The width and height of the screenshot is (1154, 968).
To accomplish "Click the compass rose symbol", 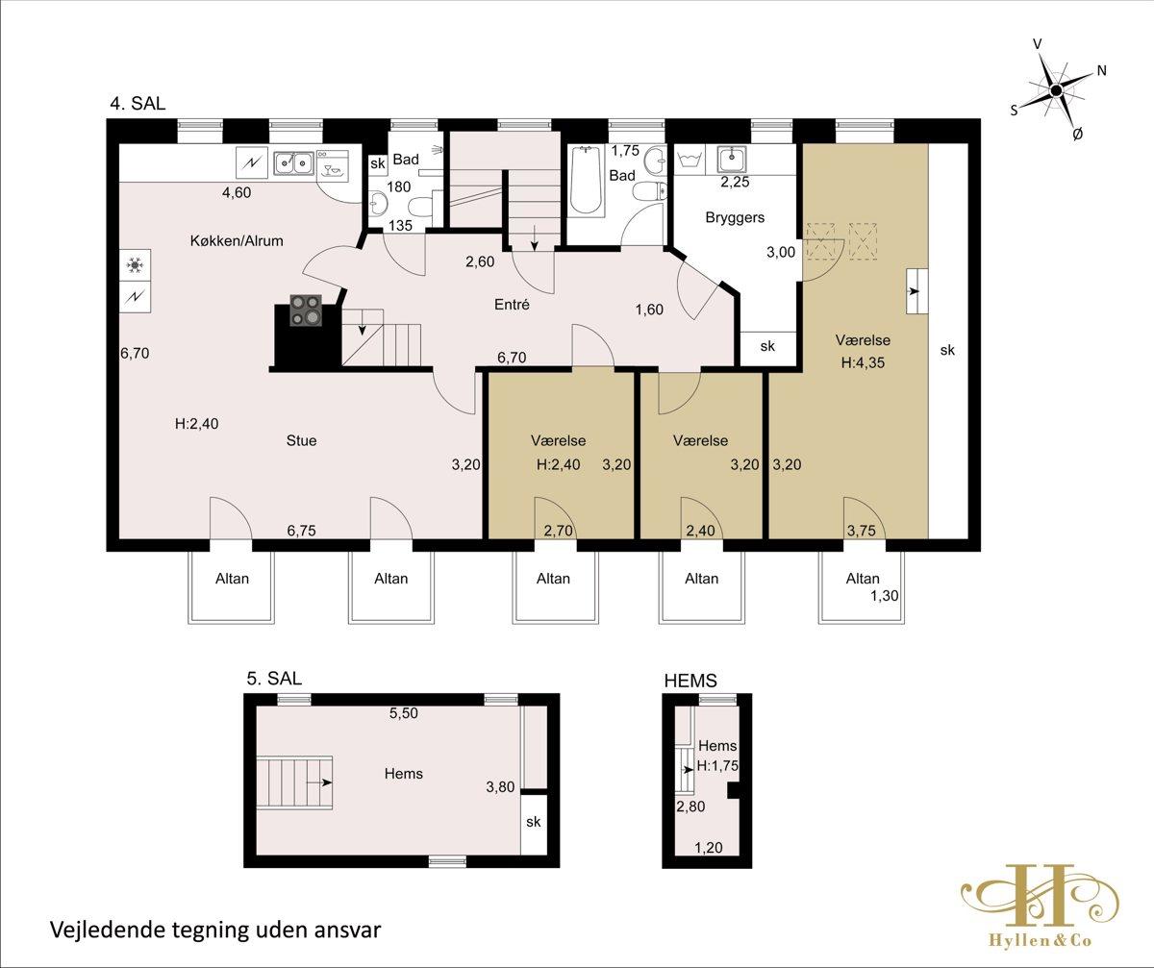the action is coord(1056,90).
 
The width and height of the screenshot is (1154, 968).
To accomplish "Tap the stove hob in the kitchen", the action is coord(306,310).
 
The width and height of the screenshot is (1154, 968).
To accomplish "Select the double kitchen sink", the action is coord(293,163).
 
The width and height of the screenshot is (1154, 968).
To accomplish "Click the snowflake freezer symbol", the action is coord(135,265).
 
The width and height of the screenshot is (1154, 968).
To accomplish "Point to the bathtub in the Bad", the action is coord(586,180).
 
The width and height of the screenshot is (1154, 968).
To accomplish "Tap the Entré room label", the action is coord(512,305).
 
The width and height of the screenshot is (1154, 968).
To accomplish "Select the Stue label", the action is coord(301,440).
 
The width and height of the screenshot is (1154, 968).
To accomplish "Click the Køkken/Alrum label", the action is coord(237,241).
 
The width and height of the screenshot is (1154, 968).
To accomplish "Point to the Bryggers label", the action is coord(735,217).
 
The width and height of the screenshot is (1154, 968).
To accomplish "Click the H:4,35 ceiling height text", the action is coord(863,362).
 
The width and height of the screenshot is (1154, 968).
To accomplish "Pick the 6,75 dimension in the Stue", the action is coord(301,531).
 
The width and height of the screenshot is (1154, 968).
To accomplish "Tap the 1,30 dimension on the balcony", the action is coord(885,596).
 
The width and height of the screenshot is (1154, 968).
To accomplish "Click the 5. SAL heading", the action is coord(274,679).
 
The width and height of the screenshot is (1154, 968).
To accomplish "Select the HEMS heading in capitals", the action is coord(690,681).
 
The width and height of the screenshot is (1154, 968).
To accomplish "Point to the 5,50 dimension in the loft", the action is coord(404,713).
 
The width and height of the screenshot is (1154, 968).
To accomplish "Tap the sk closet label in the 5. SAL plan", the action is coord(534,822).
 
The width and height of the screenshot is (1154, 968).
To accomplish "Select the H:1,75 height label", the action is coord(717,766).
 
